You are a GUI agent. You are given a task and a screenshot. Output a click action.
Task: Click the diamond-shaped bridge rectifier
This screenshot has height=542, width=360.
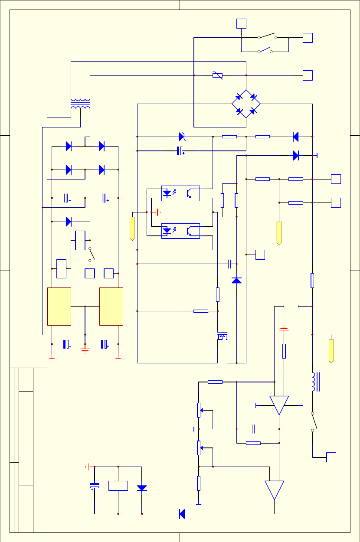(x=246, y=104)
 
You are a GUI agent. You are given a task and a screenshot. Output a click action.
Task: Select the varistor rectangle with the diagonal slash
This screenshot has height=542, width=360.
(x=218, y=75)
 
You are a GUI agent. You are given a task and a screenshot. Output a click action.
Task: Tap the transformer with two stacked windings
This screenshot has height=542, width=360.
(x=80, y=104)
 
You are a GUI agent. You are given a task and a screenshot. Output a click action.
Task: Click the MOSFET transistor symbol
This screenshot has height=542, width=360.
(x=223, y=336)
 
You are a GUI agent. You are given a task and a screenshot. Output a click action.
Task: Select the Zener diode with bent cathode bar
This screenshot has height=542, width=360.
(x=182, y=137)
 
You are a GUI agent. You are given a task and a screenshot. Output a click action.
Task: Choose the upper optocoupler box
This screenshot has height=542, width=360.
(x=180, y=193)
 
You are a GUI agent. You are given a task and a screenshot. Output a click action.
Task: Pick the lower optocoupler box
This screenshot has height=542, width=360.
(x=180, y=231)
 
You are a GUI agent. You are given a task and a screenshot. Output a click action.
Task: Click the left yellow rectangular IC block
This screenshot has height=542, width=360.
(x=59, y=306)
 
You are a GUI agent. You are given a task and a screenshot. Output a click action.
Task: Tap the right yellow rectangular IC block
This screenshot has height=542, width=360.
(x=111, y=306)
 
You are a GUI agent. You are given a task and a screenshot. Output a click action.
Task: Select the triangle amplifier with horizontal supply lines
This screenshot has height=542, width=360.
(x=279, y=405)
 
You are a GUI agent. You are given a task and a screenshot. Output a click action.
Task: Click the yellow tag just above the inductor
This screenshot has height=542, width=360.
(x=331, y=351)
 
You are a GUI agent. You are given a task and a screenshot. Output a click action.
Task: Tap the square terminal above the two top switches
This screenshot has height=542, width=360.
(x=241, y=23)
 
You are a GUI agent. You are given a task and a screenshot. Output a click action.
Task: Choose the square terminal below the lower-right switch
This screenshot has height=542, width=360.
(x=331, y=457)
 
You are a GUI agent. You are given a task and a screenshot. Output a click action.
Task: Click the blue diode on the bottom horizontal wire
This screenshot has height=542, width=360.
(x=182, y=514)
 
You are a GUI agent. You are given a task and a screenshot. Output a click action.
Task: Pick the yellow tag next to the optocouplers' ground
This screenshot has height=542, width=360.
(x=132, y=228)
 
